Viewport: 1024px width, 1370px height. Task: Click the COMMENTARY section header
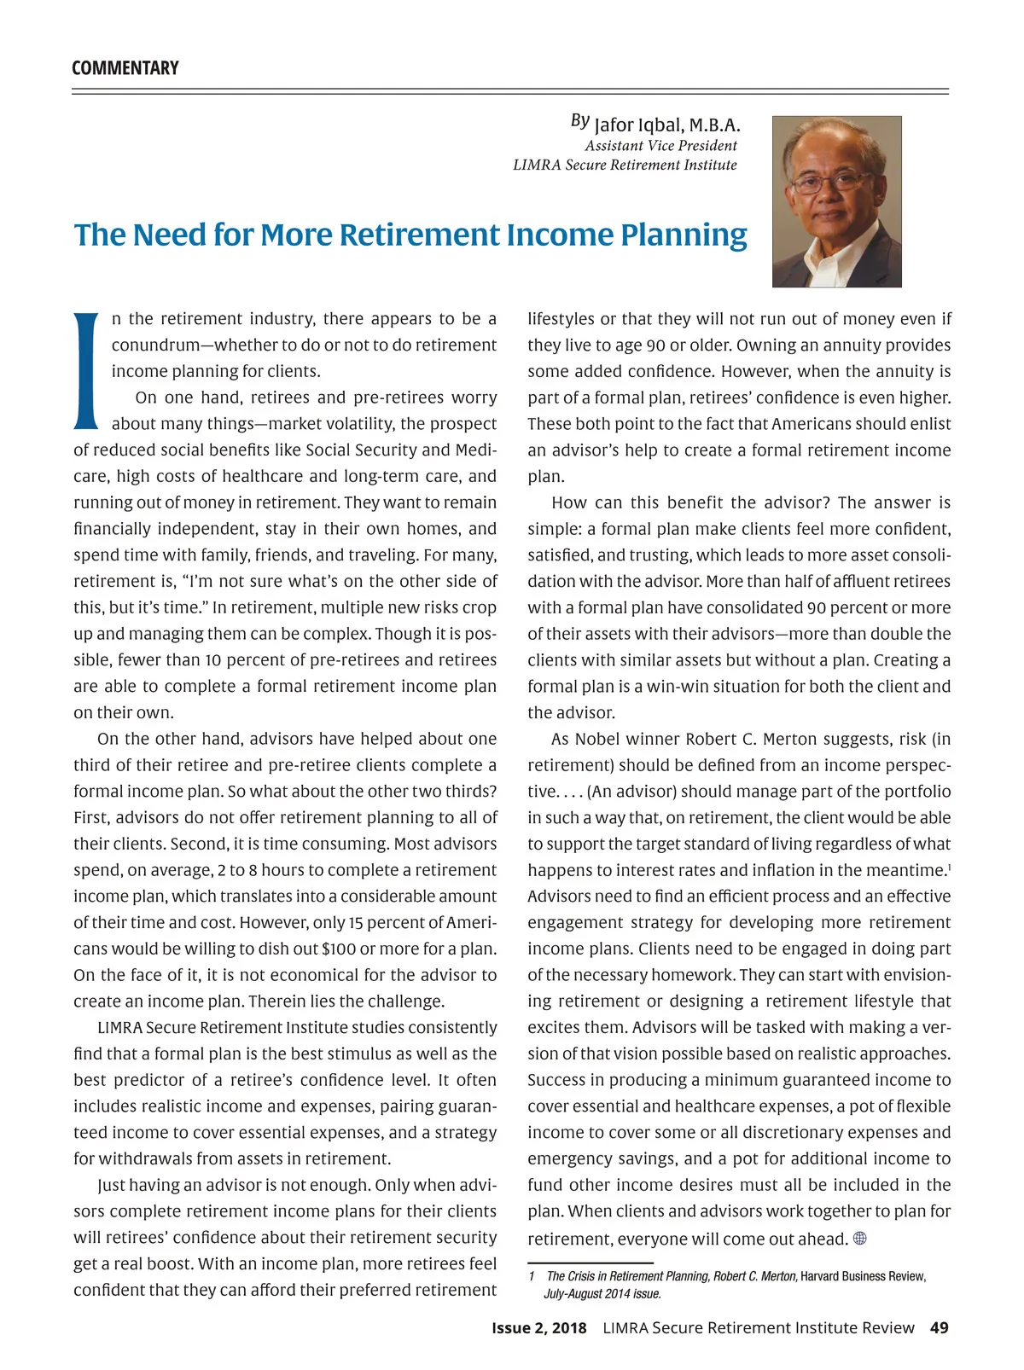[125, 68]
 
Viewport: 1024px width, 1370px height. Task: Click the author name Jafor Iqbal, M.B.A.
[666, 125]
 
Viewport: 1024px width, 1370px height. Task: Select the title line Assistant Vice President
[660, 146]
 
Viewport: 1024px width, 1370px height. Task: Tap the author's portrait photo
[836, 201]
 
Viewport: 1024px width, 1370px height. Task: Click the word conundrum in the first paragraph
[154, 345]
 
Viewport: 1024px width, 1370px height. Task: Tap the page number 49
[939, 1328]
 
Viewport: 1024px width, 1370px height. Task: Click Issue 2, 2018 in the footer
[538, 1328]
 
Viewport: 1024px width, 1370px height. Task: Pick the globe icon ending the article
[859, 1239]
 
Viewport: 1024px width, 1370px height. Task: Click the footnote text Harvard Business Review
[862, 1276]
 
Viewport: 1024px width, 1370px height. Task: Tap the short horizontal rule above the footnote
[590, 1262]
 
